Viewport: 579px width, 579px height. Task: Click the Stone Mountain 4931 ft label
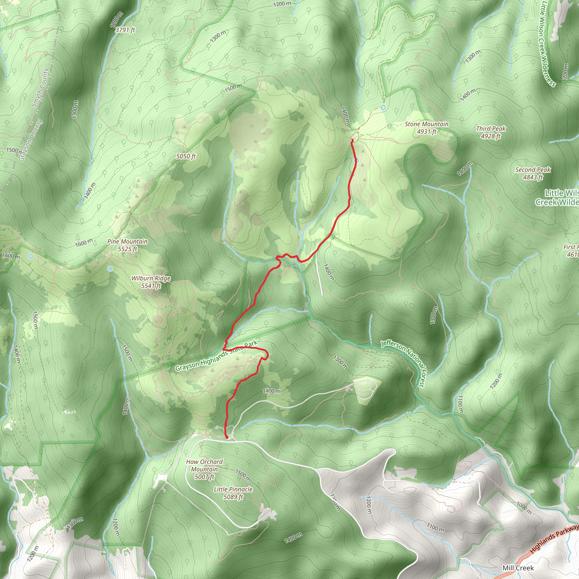(426, 128)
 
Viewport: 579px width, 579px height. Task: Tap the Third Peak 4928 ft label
(491, 132)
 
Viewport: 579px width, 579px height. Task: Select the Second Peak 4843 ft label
(533, 173)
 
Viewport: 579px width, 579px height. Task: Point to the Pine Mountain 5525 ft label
(128, 245)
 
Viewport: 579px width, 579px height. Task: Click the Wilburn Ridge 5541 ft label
(151, 282)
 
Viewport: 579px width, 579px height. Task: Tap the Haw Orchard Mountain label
(204, 469)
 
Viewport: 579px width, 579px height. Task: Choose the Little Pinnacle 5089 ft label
(233, 493)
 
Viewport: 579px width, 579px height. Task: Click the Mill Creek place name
(518, 568)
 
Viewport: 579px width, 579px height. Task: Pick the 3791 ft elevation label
(125, 30)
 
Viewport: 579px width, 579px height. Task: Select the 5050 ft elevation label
(186, 156)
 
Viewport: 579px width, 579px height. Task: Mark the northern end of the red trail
(352, 140)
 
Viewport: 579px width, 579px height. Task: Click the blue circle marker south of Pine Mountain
(110, 269)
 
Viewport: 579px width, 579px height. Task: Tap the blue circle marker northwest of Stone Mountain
(383, 107)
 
